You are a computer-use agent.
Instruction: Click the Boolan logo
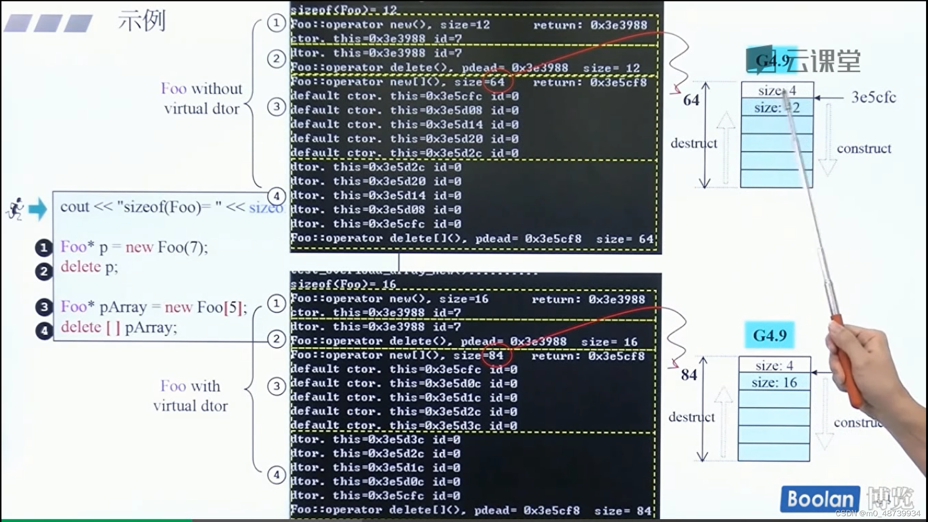pos(820,499)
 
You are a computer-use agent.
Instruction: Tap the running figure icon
pos(16,209)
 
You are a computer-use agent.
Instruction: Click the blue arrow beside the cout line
pos(38,209)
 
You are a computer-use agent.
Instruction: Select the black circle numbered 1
pos(43,248)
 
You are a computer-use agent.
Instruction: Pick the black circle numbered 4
pos(44,331)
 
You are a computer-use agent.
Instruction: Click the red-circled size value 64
pos(497,82)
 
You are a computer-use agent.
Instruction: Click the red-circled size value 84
pos(496,356)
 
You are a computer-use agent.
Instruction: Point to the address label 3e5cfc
pos(873,97)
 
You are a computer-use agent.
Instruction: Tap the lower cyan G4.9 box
pos(769,335)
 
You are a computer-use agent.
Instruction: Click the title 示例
pos(142,21)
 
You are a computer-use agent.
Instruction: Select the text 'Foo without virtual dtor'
pos(202,99)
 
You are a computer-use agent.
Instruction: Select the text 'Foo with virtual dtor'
pos(190,396)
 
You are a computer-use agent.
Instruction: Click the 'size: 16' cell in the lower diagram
pos(774,382)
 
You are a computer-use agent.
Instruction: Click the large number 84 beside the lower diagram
pos(689,375)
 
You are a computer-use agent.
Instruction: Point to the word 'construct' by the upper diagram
pos(864,148)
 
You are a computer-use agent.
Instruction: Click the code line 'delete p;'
pos(89,267)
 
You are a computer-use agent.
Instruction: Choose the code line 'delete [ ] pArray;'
pos(119,328)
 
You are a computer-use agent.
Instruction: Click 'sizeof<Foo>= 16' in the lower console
pos(343,284)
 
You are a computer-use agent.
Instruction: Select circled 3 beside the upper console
pos(276,106)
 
